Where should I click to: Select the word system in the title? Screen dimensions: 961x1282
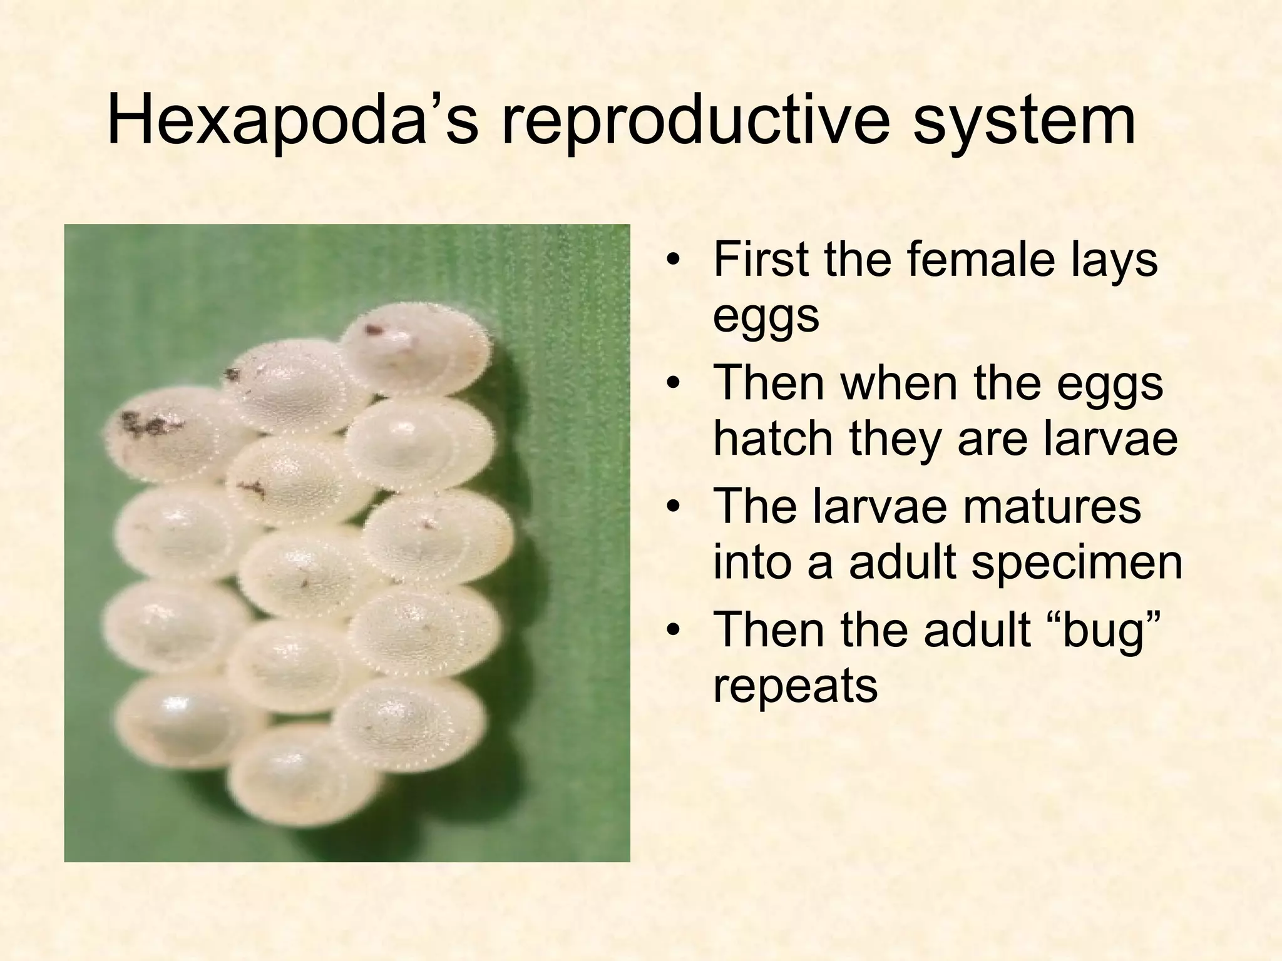pos(1023,120)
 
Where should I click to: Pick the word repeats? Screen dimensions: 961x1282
pos(795,686)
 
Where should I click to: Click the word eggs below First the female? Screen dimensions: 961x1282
pos(766,317)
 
